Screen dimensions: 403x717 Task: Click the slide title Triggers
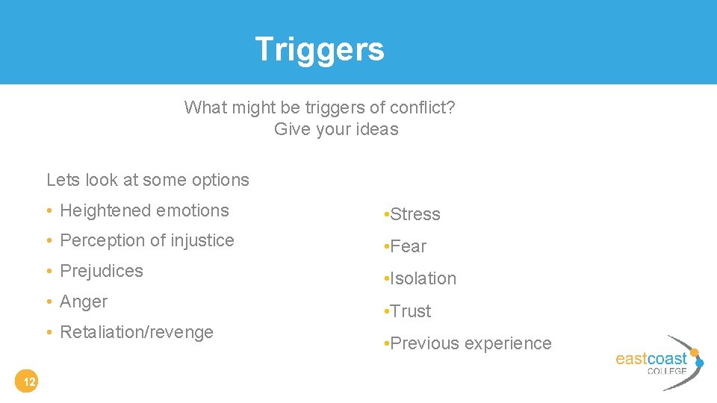(320, 49)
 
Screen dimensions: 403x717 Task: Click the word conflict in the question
(419, 107)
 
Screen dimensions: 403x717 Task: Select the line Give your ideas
(336, 129)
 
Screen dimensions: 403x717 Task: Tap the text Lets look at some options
(148, 180)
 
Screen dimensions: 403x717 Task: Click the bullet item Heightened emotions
(144, 210)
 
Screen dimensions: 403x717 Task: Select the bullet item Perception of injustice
(146, 240)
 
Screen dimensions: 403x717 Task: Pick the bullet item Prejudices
(101, 271)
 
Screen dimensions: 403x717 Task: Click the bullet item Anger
(84, 302)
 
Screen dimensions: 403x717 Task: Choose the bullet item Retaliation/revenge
(136, 332)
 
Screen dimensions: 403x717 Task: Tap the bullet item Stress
(415, 214)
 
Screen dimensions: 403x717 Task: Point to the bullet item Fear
(408, 246)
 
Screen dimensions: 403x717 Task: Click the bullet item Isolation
(423, 278)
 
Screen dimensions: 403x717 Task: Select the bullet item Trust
(410, 311)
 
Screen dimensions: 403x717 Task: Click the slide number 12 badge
(28, 383)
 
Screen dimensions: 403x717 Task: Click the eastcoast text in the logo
(651, 358)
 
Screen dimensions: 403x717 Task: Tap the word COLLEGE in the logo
(666, 370)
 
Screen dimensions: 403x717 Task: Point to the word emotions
(195, 210)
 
